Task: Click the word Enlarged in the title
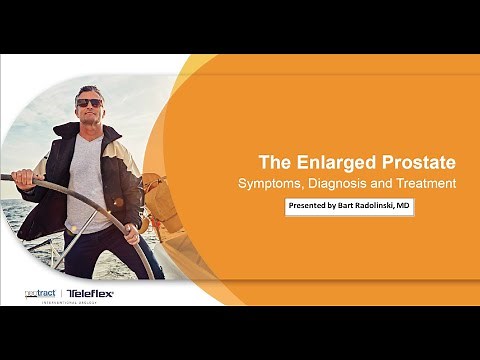tap(336, 161)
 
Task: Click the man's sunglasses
tap(89, 102)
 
